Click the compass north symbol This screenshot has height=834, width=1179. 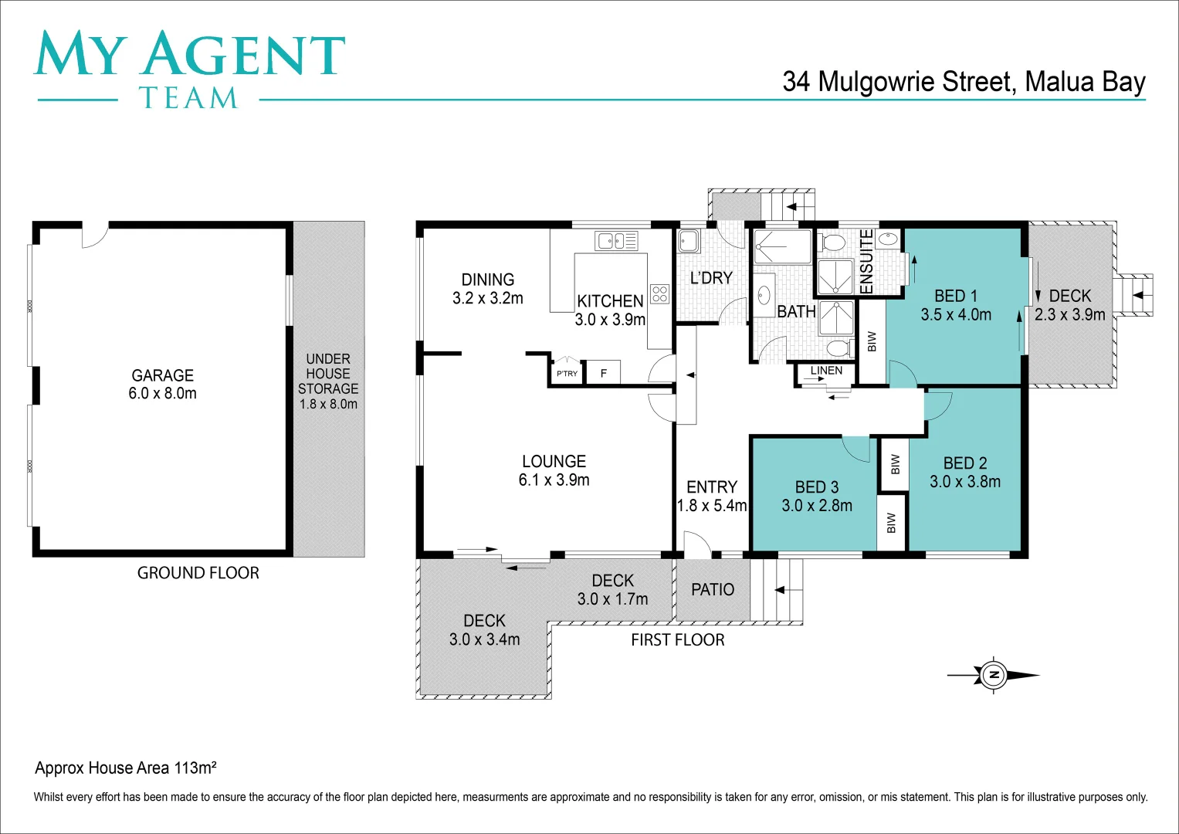coord(994,675)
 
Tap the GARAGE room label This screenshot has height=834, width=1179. coord(162,376)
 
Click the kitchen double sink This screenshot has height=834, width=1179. coord(616,241)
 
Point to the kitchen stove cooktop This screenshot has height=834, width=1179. coord(659,293)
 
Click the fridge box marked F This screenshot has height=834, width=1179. coord(604,373)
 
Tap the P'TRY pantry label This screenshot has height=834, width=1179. coord(567,373)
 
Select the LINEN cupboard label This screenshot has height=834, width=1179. coord(826,371)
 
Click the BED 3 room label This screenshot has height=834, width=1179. coord(816,487)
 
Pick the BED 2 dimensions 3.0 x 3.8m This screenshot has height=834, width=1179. coord(965,482)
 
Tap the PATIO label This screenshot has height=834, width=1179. coord(712,590)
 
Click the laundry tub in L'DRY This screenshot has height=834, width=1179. coord(688,242)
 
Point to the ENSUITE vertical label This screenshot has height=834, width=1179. coord(866,262)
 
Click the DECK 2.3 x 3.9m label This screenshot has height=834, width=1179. coord(1069,305)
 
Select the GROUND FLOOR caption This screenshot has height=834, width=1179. coord(198,573)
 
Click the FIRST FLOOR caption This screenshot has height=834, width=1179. coord(677,640)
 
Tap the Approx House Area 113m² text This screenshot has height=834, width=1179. coord(125,768)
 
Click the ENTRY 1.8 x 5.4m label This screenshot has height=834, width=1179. coord(711,497)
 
